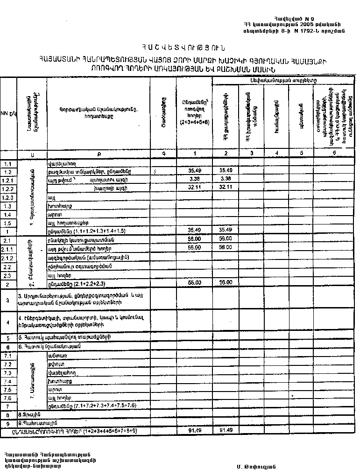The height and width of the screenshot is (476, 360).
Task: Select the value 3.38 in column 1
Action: pyautogui.click(x=194, y=180)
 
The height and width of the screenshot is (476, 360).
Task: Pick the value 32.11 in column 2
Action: pyautogui.click(x=226, y=188)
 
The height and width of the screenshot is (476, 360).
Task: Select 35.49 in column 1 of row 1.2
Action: pyautogui.click(x=194, y=171)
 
